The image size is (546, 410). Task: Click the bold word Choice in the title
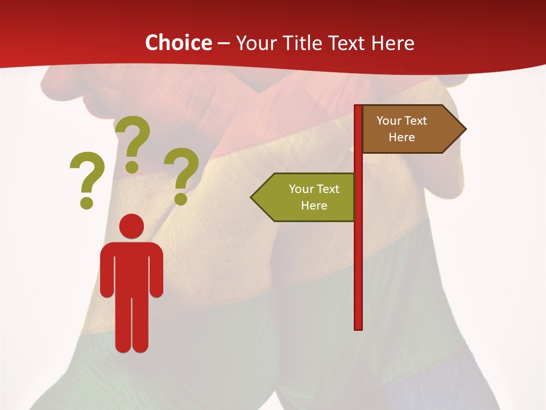[178, 43]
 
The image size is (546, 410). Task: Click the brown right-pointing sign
[409, 129]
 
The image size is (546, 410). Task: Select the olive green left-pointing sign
[307, 197]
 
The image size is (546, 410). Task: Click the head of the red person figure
[131, 227]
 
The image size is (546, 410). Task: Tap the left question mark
[87, 174]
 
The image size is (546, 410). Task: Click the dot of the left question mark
[86, 202]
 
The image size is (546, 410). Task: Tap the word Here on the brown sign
[402, 137]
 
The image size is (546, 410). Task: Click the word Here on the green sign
[314, 206]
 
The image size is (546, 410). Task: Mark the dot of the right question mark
[181, 199]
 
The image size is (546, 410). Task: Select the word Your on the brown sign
[388, 121]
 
